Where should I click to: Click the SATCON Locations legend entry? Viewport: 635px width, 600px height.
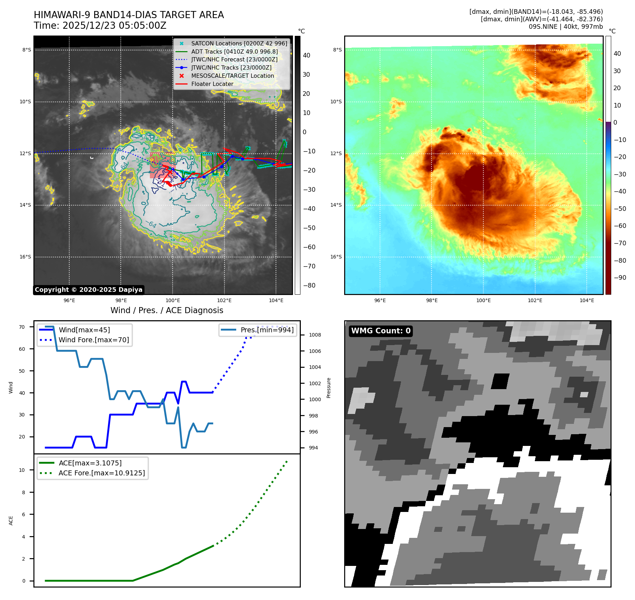coord(239,43)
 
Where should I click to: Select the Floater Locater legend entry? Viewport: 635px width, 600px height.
coord(212,84)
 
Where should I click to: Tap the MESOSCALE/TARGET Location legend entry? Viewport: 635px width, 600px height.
coord(232,76)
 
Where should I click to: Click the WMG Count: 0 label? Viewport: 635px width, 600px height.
coord(381,331)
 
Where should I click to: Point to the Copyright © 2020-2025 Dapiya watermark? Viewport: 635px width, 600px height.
coord(88,290)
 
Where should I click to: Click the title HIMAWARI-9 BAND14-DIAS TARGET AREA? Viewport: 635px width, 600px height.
coord(129,15)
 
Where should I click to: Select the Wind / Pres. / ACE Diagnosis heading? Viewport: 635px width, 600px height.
coord(167,310)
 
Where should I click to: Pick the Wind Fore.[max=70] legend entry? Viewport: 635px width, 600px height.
coord(94,340)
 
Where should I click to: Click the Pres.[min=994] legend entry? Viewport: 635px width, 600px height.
coord(267,330)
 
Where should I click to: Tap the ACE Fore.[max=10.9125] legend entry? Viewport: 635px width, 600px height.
coord(102,473)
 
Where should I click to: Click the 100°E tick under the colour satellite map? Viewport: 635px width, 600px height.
coord(483,300)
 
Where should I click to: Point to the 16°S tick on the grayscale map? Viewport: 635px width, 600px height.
coord(25,257)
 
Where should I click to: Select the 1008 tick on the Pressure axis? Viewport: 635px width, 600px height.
coord(315,335)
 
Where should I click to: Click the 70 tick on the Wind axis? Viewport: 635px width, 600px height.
coord(22,327)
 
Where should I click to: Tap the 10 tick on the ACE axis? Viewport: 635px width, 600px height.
coord(22,470)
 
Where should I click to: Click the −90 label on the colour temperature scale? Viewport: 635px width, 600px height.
coord(620,278)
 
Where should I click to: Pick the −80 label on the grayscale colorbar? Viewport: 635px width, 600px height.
coord(309,285)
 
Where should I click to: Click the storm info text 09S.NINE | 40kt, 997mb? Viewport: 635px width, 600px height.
coord(565,27)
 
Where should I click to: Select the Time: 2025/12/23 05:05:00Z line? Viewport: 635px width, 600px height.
coord(100,26)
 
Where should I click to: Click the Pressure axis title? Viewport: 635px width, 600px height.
coord(329,388)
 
